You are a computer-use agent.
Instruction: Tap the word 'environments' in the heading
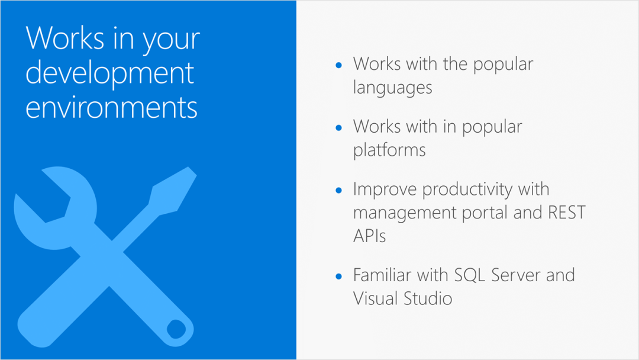point(111,107)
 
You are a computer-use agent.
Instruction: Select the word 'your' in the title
point(171,41)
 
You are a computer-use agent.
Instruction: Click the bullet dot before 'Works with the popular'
point(338,65)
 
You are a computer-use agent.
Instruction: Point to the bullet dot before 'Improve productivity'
point(338,191)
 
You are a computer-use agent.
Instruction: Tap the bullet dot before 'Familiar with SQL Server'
point(338,277)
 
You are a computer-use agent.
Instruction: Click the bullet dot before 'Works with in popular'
point(338,128)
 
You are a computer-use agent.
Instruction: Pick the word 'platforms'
point(389,150)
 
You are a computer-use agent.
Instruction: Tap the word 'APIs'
point(369,236)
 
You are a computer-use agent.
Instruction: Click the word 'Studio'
point(428,298)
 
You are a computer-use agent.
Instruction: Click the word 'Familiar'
point(382,275)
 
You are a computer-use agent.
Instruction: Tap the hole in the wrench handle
point(176,329)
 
